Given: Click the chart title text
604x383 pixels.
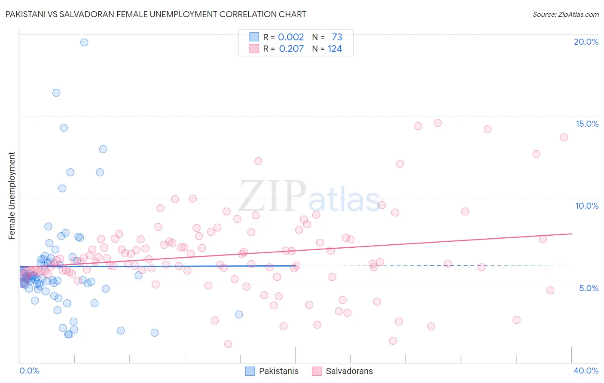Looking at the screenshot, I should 156,14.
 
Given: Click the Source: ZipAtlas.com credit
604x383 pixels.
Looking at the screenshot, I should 565,14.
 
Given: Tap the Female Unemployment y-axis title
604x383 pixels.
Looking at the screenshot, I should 12,195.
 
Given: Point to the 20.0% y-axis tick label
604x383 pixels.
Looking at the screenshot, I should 586,42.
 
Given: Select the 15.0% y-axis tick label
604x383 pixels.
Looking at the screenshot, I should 587,124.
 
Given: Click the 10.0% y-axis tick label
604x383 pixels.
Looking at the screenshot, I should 587,206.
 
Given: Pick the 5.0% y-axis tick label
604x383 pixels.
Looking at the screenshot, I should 589,288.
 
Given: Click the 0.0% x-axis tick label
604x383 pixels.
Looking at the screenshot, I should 29,371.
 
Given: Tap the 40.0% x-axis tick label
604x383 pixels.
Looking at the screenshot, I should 586,371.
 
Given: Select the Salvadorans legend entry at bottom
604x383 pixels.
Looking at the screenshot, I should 342,371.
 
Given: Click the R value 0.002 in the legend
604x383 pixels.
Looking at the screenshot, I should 291,37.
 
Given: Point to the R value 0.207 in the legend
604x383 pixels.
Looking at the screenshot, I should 291,49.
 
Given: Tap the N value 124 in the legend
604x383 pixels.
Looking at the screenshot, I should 335,49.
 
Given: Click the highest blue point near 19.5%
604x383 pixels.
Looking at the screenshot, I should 84,42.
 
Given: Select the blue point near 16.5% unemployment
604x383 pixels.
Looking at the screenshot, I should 56,93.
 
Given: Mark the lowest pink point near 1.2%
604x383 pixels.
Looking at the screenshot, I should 228,344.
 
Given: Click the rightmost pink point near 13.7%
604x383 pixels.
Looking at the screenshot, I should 564,137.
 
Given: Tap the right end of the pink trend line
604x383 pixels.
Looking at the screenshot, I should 571,234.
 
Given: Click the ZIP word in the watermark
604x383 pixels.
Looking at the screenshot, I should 272,196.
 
